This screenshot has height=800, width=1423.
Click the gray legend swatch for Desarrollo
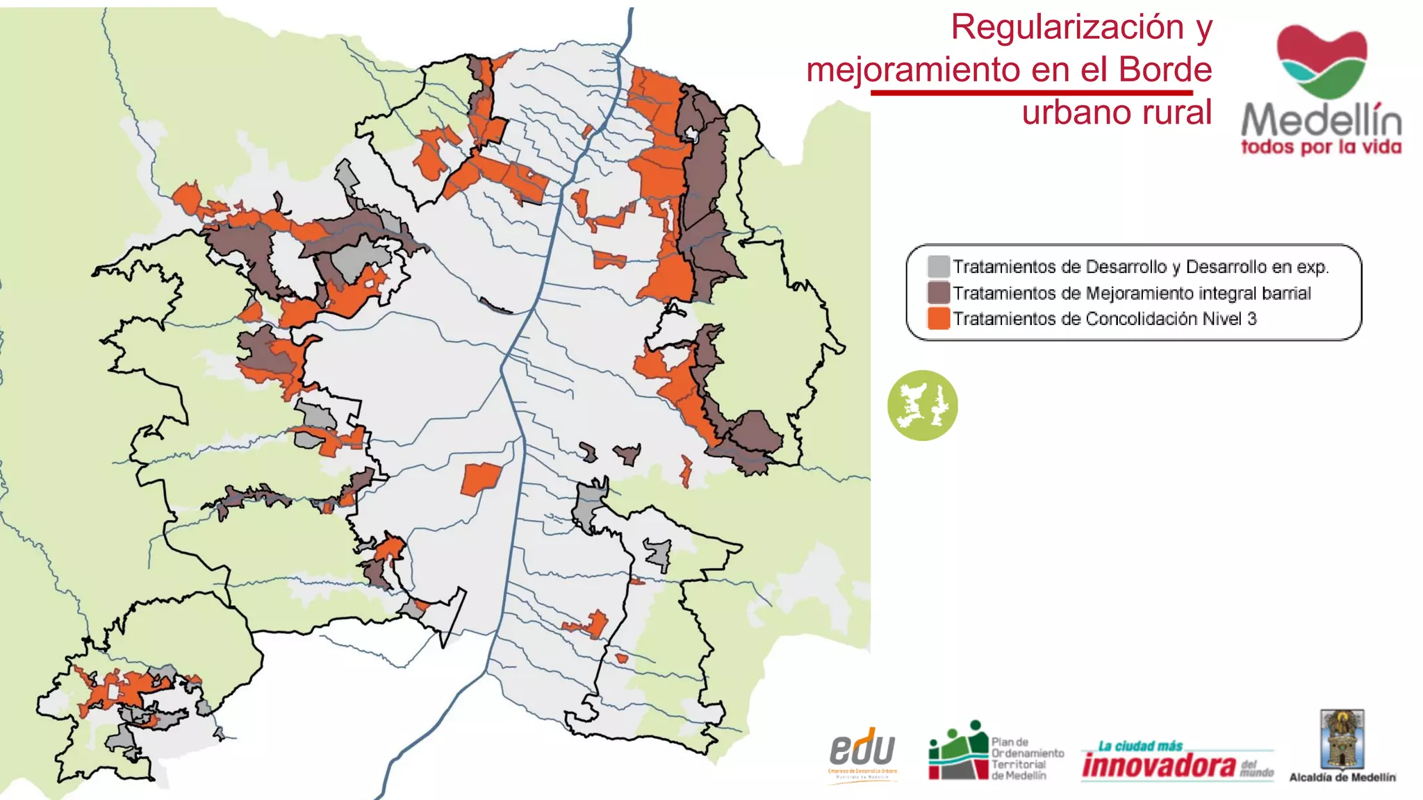point(938,267)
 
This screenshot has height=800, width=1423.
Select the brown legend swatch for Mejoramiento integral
point(938,292)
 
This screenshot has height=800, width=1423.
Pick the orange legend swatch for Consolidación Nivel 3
point(938,319)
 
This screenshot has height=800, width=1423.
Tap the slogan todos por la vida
point(1321,147)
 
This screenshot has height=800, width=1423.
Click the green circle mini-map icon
point(922,405)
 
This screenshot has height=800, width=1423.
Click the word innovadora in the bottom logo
point(1159,765)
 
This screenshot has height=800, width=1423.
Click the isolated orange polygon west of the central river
point(481,478)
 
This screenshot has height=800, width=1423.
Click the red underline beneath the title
point(1031,92)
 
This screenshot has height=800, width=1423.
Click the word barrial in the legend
point(1286,293)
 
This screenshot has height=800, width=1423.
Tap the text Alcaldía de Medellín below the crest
point(1342,778)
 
